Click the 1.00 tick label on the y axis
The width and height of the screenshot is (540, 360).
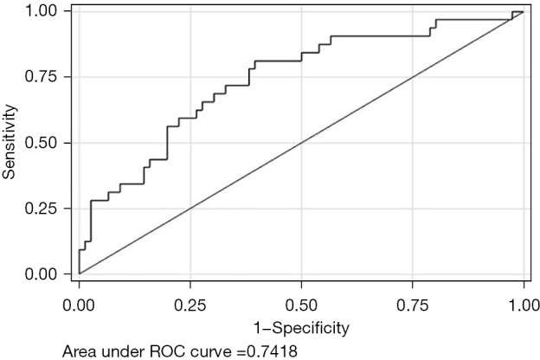click(x=41, y=11)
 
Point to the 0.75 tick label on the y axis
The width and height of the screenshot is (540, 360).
click(x=41, y=76)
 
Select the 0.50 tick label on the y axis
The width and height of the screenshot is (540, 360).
click(x=41, y=143)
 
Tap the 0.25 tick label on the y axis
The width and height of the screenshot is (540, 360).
click(x=41, y=209)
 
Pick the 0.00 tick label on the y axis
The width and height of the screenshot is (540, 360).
click(x=41, y=274)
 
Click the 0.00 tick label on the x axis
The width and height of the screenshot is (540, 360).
click(x=79, y=305)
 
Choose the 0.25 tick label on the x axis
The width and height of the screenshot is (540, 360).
click(x=190, y=305)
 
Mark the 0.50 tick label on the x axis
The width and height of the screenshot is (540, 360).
click(x=301, y=305)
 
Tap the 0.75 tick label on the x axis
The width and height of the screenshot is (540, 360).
click(x=413, y=305)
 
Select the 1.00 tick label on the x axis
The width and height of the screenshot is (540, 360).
click(x=524, y=305)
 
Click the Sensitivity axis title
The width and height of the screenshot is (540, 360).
click(x=10, y=142)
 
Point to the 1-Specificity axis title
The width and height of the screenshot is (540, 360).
click(x=301, y=328)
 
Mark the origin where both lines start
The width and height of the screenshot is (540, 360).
click(x=80, y=273)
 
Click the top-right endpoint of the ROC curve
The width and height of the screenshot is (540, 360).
click(x=524, y=12)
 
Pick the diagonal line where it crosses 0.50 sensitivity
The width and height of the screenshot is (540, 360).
click(x=301, y=143)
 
